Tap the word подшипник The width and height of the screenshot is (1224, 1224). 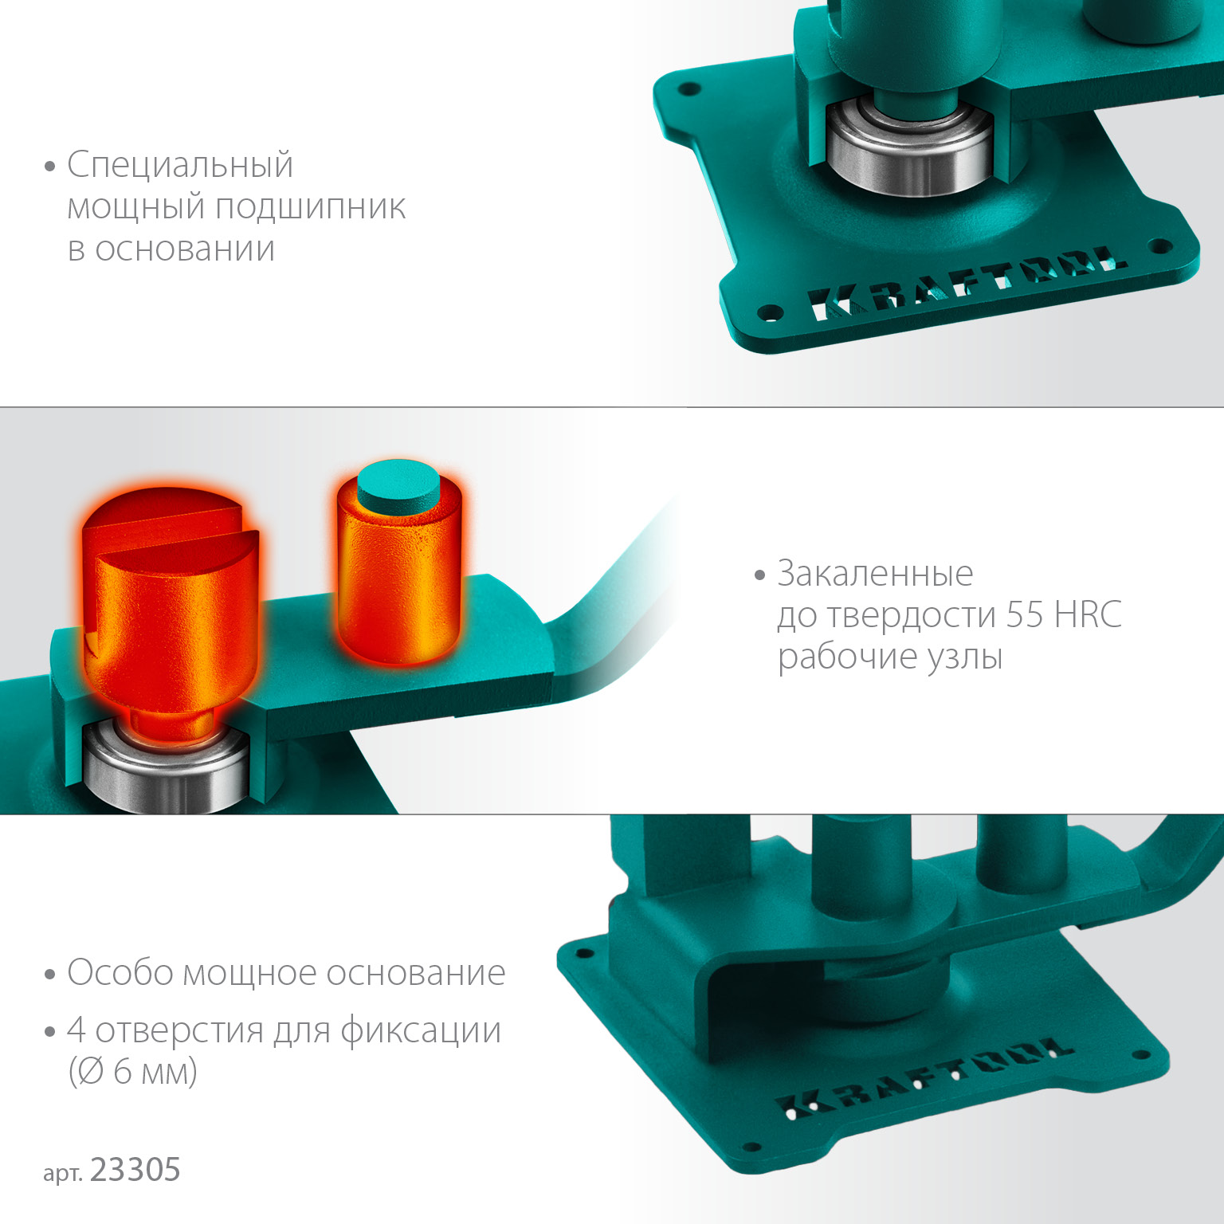[x=311, y=208]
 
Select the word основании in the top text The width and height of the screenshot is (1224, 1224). [x=185, y=249]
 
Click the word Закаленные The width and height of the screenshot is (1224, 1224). [x=875, y=574]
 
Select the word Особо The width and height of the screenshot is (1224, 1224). [x=120, y=973]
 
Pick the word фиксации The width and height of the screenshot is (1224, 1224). [x=421, y=1031]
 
